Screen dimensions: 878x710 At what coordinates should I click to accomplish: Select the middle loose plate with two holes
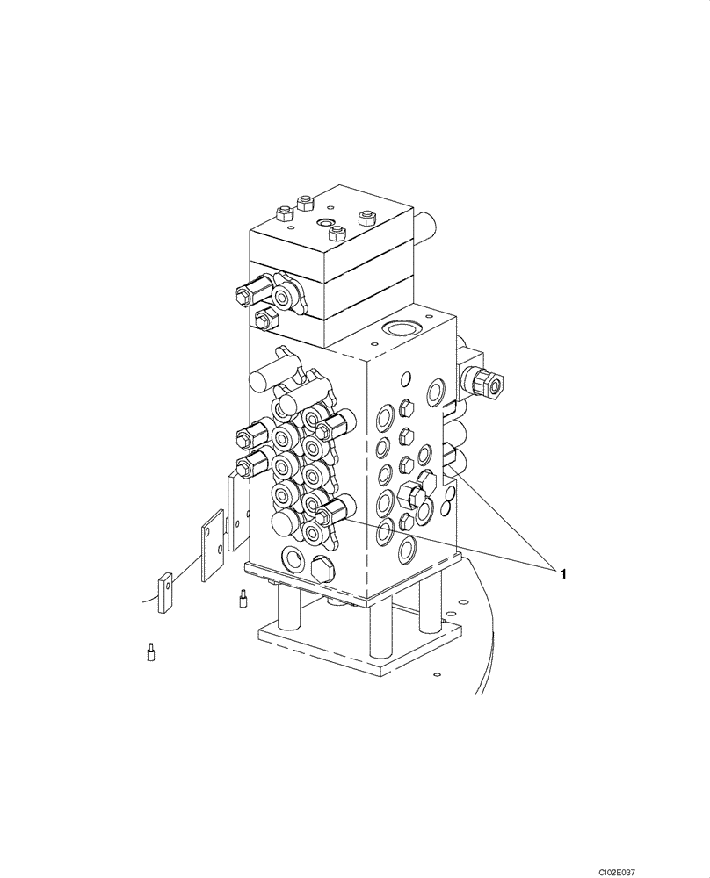click(x=212, y=549)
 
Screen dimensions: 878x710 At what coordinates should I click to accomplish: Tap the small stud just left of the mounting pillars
click(x=241, y=600)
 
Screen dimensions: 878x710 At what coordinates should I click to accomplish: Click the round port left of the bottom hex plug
click(x=291, y=558)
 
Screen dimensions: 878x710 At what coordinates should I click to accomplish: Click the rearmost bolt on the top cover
click(x=305, y=203)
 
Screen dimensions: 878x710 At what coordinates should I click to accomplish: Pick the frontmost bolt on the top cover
click(x=336, y=233)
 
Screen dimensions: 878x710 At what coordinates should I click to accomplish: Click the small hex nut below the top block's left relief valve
click(x=261, y=316)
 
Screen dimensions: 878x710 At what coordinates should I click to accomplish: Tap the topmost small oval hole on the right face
click(x=407, y=379)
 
